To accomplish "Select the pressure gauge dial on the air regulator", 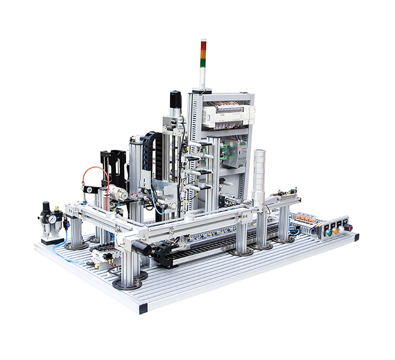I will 52,218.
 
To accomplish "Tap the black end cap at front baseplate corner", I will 142,308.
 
